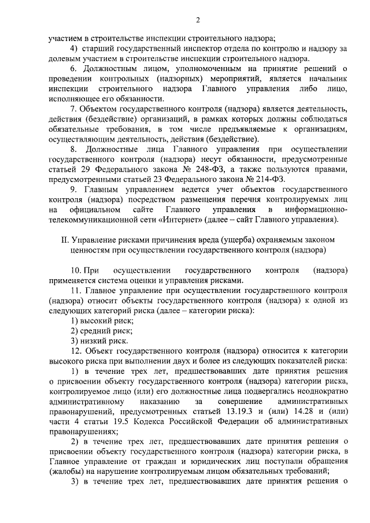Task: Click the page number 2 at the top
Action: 197,21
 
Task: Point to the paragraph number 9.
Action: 73,188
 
